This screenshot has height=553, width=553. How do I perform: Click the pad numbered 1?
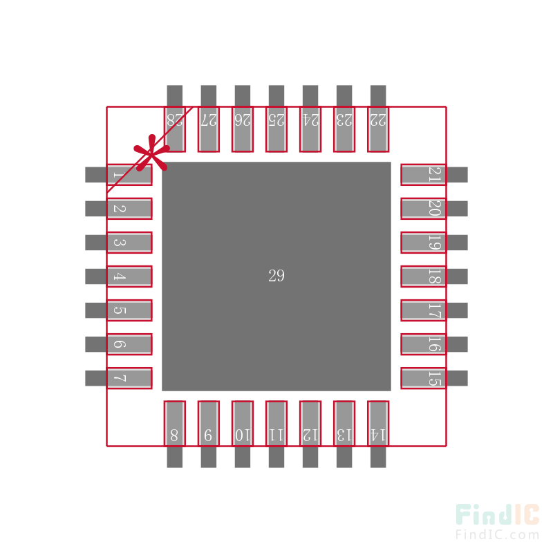click(129, 175)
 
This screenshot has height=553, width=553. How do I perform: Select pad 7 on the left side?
click(129, 378)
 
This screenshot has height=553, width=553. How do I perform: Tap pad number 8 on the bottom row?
click(175, 423)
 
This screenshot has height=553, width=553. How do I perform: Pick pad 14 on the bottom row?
click(378, 423)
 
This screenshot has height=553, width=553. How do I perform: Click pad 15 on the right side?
click(423, 378)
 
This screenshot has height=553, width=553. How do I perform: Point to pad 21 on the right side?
click(423, 175)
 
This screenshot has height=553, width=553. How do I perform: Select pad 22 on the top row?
click(378, 129)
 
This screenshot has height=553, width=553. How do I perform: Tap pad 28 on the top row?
click(175, 129)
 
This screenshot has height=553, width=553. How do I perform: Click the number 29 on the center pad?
click(276, 276)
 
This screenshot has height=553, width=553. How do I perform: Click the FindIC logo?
click(497, 515)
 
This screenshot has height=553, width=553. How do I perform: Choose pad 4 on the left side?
click(129, 276)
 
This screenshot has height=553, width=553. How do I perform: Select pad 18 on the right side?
click(423, 276)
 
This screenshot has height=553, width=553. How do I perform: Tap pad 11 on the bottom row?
click(276, 423)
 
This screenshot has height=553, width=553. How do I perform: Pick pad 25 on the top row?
click(276, 129)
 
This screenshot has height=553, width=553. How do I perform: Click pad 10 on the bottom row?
click(243, 423)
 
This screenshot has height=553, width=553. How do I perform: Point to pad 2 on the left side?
click(129, 209)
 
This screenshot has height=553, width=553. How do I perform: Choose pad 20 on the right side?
click(423, 209)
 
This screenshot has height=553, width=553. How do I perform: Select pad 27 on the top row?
click(209, 129)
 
